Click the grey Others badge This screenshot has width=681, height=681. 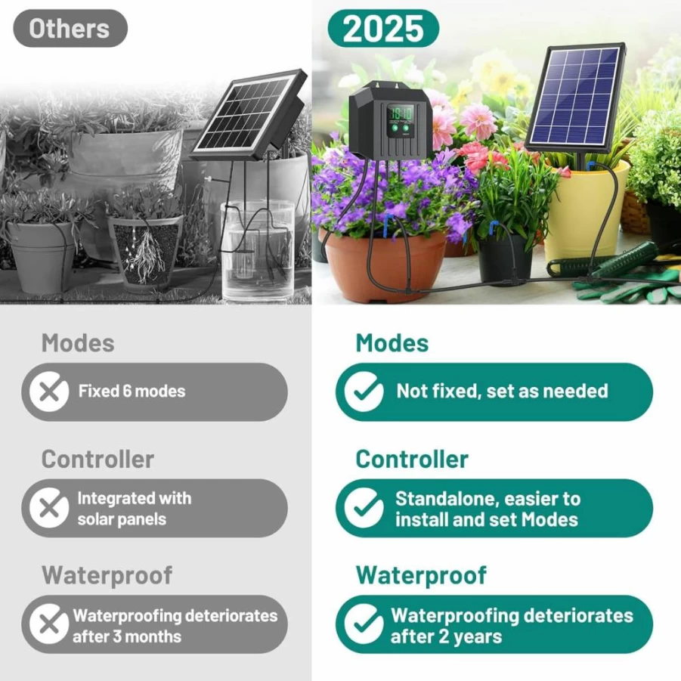(70, 28)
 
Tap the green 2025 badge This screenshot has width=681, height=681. (383, 28)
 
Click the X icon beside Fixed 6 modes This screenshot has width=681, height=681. (49, 392)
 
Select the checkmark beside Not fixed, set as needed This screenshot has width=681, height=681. (364, 392)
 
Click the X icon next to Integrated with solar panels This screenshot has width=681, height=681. (49, 508)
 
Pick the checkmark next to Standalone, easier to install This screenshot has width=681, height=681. (364, 508)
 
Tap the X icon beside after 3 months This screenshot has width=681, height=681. (49, 624)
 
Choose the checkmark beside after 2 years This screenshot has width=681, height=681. (364, 624)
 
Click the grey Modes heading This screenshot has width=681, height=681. (78, 343)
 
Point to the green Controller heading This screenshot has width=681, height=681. (412, 459)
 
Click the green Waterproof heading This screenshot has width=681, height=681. (421, 575)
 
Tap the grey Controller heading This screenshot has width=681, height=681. (98, 459)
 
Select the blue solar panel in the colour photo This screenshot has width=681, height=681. (576, 98)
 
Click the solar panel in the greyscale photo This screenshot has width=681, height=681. (248, 114)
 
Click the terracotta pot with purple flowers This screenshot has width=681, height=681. (385, 266)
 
